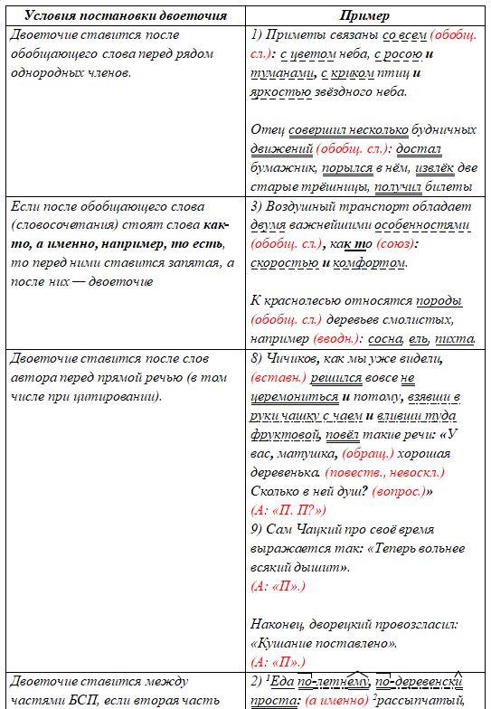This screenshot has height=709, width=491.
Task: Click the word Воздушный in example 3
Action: (x=305, y=207)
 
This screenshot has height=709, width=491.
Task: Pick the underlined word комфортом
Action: (x=369, y=263)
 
